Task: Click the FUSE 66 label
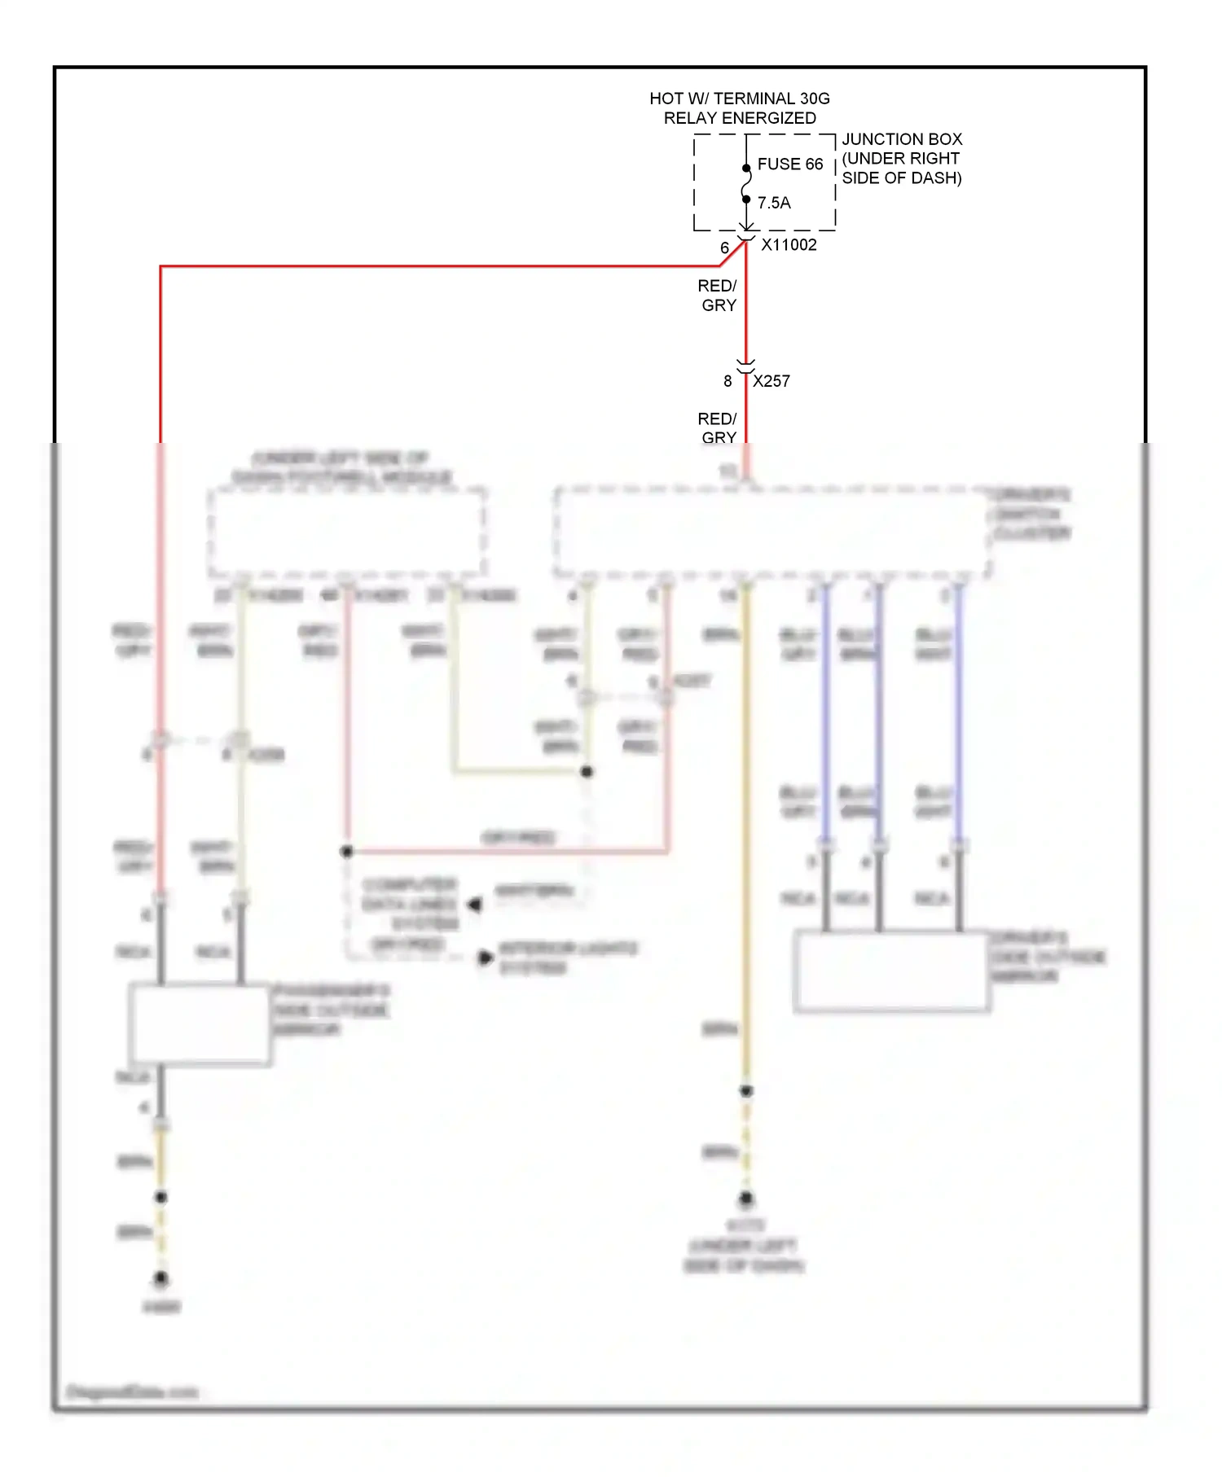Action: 789,164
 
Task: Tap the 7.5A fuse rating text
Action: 774,203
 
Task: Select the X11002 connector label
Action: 789,245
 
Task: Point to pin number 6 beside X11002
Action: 724,248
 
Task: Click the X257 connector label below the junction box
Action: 771,381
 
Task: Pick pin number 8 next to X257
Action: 727,381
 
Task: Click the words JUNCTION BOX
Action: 902,139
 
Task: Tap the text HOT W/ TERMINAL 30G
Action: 739,99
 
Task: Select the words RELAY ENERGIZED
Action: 739,118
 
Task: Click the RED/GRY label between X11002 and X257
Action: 718,296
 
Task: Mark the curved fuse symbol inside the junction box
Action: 745,184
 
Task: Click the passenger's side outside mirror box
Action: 200,1023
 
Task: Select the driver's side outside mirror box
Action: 891,971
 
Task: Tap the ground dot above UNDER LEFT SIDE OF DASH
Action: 745,1199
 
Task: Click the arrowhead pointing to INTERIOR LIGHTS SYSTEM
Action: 486,958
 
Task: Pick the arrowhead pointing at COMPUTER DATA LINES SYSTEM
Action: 475,904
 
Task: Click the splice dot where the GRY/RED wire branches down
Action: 347,852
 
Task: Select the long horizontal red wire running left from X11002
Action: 440,266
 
